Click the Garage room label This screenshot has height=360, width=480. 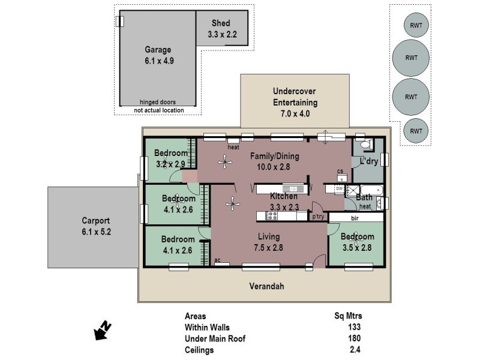click(158, 50)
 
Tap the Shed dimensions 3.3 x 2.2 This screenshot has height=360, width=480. click(222, 35)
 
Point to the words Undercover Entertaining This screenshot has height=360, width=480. click(295, 97)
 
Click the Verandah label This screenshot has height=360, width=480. click(266, 286)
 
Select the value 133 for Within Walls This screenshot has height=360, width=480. click(353, 327)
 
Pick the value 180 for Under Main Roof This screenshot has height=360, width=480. click(353, 338)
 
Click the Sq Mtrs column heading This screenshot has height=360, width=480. click(348, 316)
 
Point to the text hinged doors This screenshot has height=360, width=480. click(157, 102)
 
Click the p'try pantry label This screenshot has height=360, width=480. click(317, 217)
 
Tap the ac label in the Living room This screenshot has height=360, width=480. click(218, 259)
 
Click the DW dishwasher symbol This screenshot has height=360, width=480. click(339, 189)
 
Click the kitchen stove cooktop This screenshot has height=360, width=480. click(272, 215)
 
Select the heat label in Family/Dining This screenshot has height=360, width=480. click(233, 147)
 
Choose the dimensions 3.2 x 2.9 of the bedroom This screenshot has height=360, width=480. click(172, 163)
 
